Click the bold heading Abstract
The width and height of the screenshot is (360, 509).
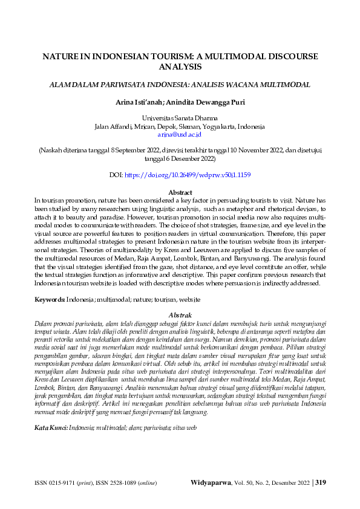tap(180, 192)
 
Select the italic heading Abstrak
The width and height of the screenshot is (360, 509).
tap(180, 315)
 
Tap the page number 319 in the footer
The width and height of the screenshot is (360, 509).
tap(321, 482)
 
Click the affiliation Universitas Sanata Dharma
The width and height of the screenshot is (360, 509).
tap(180, 118)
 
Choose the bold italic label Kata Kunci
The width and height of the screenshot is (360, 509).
tap(51, 410)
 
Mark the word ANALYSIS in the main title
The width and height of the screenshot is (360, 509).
tap(180, 67)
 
